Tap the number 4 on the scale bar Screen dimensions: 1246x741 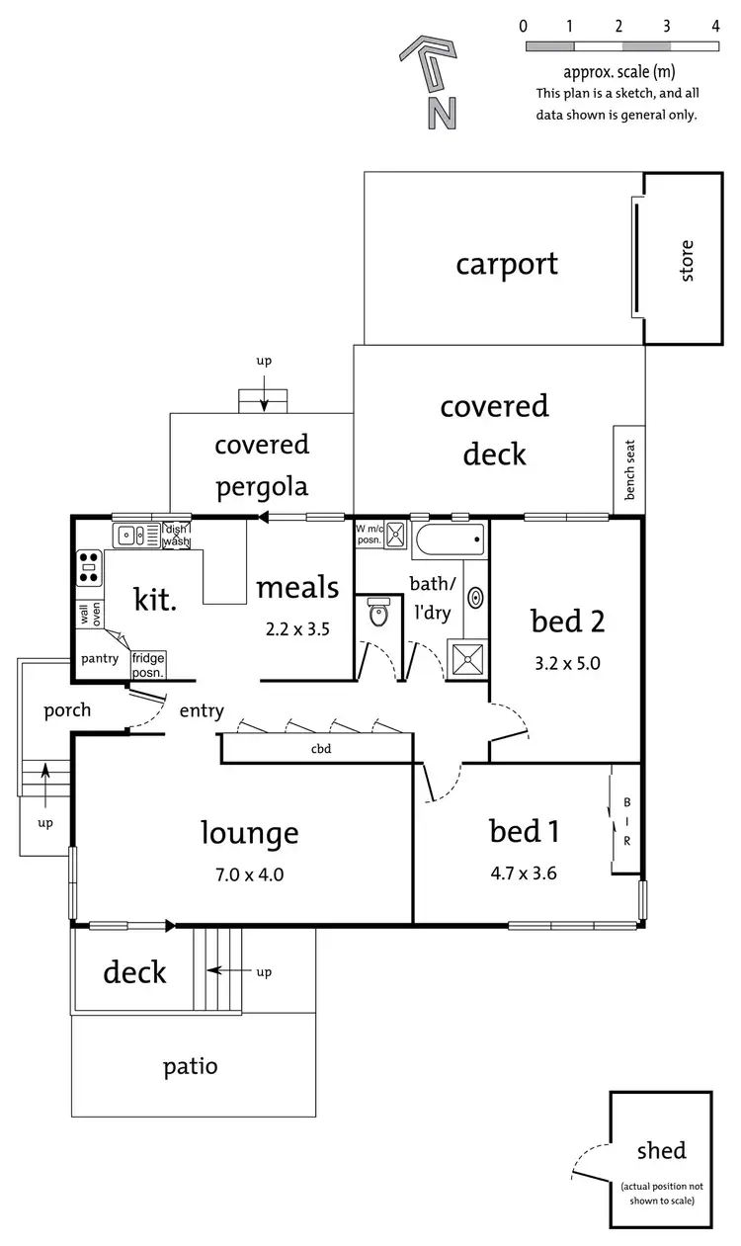(x=715, y=26)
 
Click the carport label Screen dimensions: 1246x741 (x=507, y=264)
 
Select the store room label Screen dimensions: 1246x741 (x=688, y=260)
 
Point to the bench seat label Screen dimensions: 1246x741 (x=629, y=470)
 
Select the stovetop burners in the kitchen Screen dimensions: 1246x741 (x=89, y=568)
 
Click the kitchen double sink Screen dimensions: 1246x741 (x=135, y=536)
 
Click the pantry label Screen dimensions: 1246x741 (x=100, y=658)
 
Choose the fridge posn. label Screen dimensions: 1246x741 (x=147, y=664)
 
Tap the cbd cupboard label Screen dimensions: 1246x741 (x=320, y=748)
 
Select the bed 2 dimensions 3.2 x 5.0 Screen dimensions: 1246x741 (x=567, y=661)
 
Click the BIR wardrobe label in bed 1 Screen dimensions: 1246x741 (x=625, y=821)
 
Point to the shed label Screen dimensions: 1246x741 (x=661, y=1150)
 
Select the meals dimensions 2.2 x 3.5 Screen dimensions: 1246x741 (x=297, y=628)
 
